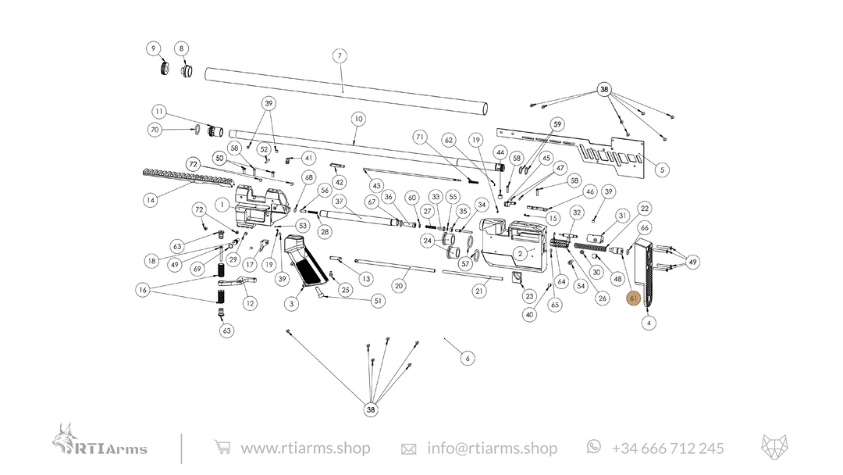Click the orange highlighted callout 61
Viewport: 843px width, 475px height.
(634, 298)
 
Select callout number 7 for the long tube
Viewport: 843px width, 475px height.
(339, 56)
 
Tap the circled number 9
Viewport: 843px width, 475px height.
(153, 48)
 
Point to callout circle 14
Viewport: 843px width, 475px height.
(151, 200)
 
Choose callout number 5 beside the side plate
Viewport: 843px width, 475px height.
(662, 170)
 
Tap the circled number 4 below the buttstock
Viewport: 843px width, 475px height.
(649, 323)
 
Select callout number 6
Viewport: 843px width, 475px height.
(467, 359)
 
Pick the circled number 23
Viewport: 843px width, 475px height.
(530, 296)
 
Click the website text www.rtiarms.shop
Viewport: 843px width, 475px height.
(305, 448)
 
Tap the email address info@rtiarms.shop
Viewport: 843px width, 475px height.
(492, 448)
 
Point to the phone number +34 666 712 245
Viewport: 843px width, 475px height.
(667, 448)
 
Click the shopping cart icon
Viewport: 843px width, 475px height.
(222, 448)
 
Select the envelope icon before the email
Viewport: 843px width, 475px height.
(408, 449)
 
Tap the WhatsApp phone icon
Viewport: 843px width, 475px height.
(594, 446)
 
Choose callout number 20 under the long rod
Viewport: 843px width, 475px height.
(399, 286)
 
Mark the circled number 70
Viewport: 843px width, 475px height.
(155, 130)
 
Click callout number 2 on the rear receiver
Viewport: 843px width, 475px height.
(520, 254)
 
